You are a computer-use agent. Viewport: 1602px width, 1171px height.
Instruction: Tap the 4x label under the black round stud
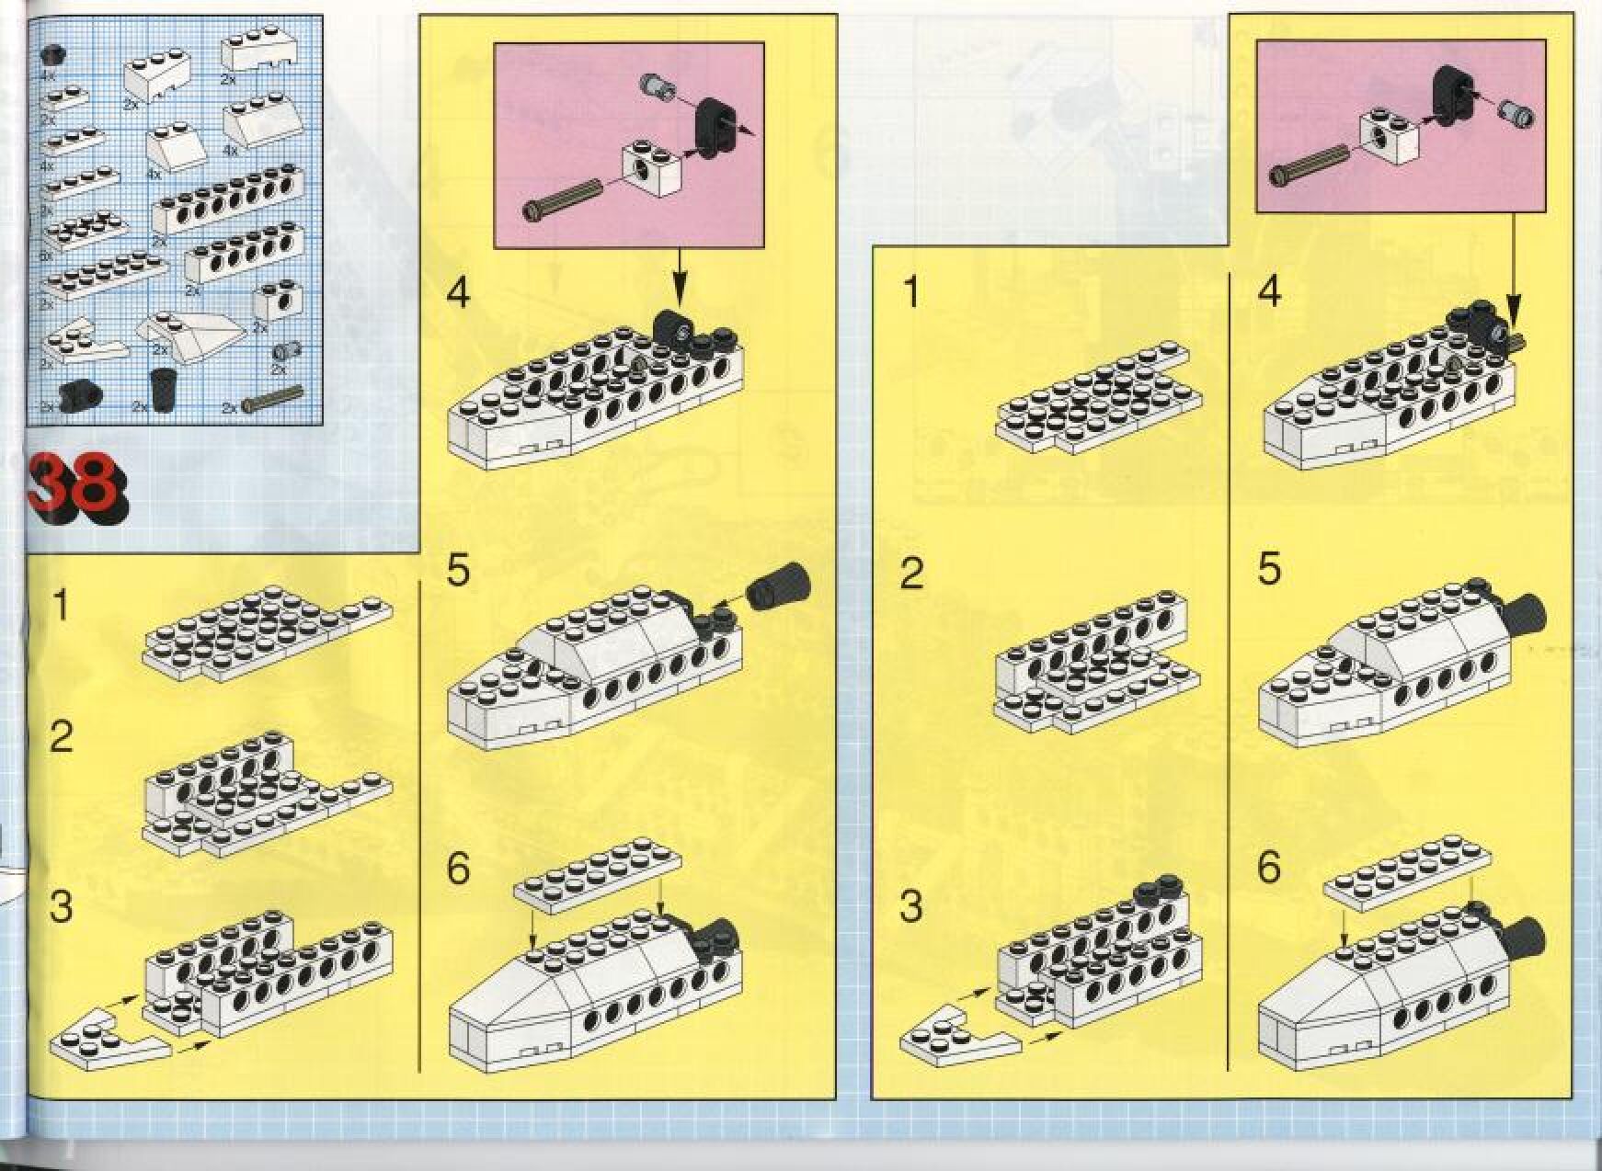pos(48,77)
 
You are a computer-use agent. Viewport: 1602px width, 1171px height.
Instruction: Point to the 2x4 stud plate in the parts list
pos(85,230)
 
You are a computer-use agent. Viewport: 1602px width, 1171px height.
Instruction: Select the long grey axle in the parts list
pos(272,400)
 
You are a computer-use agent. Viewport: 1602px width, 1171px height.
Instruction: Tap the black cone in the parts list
pos(164,389)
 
